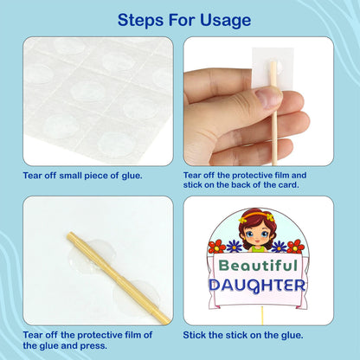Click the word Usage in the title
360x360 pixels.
226,20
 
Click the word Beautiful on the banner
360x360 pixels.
258,266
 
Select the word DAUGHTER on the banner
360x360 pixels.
257,285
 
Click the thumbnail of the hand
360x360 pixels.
268,98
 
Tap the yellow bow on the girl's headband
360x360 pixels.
269,217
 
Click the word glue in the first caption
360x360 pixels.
132,176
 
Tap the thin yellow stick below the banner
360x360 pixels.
262,316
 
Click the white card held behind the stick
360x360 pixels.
273,67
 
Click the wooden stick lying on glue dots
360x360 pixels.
119,278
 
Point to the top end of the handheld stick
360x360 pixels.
273,62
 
